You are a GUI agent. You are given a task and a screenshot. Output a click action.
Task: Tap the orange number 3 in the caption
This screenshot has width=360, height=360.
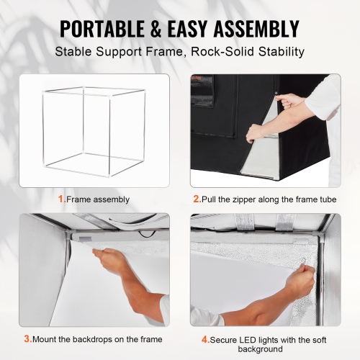(x=27, y=338)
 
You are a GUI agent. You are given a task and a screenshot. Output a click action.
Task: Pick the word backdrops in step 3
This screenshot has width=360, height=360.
(x=89, y=338)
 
